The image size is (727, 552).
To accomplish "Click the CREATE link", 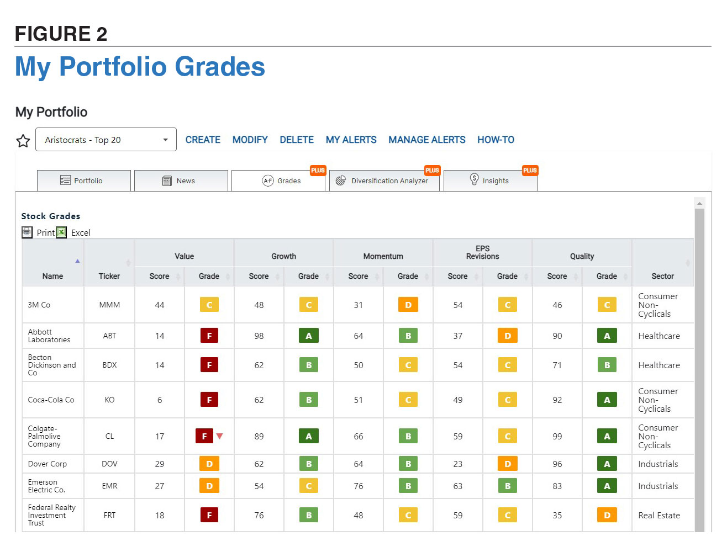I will click(203, 140).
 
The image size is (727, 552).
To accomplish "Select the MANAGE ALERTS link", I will click(426, 140).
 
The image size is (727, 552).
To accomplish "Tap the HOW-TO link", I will click(496, 140).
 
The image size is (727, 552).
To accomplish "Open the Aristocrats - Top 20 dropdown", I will click(106, 140).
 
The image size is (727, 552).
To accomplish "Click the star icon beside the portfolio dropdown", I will click(23, 141).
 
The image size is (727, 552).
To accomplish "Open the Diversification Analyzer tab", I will click(384, 181).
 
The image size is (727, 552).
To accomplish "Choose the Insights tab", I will click(490, 181).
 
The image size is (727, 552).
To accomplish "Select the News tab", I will click(181, 181).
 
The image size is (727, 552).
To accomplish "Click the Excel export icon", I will click(61, 232).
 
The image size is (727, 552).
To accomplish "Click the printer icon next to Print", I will click(27, 232).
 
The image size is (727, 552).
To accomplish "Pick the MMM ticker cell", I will click(109, 305).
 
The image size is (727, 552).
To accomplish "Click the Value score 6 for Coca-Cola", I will click(160, 400).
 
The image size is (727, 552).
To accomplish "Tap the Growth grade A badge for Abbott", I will click(308, 336).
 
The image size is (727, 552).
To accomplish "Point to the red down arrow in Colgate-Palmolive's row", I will click(220, 436).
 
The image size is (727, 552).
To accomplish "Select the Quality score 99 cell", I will click(557, 436).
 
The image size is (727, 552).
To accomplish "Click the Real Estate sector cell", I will click(659, 515).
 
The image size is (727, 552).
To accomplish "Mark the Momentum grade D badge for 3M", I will click(408, 305).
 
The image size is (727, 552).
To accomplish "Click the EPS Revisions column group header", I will click(482, 252).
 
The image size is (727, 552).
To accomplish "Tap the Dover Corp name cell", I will click(48, 464).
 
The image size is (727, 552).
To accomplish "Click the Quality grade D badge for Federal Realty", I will click(607, 515).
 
